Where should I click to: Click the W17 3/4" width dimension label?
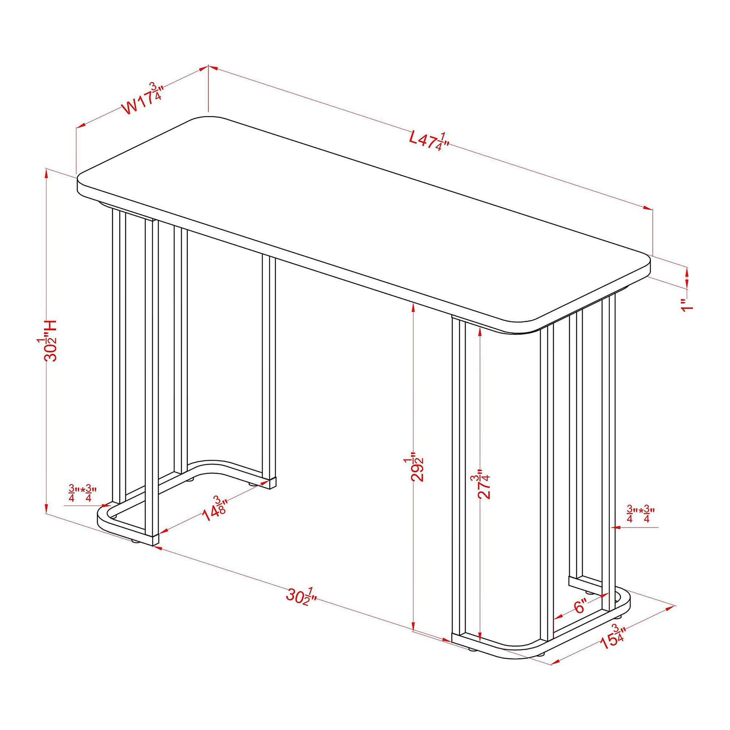pyautogui.click(x=142, y=99)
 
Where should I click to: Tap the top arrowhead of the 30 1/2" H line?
pyautogui.click(x=46, y=174)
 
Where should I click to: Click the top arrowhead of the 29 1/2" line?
pyautogui.click(x=414, y=309)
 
